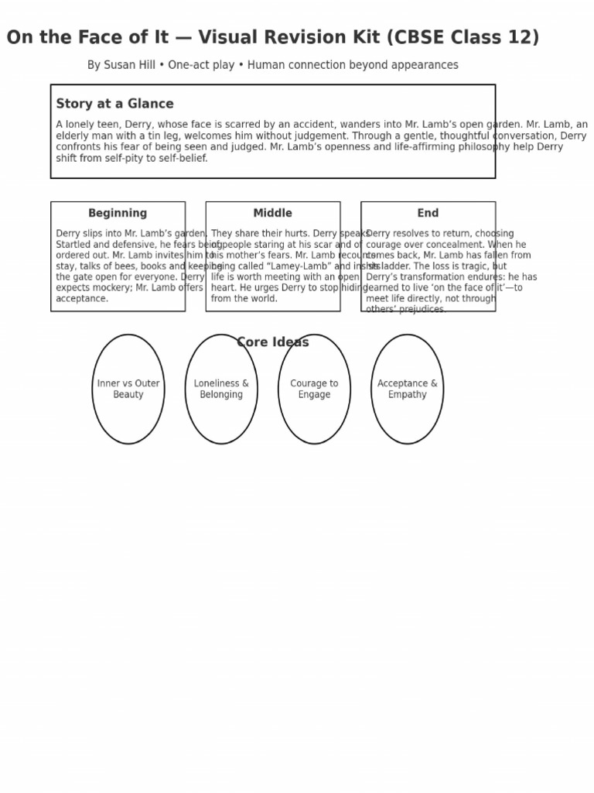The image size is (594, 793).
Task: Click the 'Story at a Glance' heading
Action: [x=114, y=104]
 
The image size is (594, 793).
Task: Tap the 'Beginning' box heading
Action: [x=118, y=213]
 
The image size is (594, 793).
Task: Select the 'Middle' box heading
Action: [x=273, y=213]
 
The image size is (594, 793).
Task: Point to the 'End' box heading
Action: [x=428, y=213]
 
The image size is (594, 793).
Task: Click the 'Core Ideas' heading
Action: [x=273, y=342]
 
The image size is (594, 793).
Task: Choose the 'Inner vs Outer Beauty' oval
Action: [x=128, y=389]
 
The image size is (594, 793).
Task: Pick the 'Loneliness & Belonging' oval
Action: [x=221, y=389]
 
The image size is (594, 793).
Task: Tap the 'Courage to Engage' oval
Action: [x=314, y=389]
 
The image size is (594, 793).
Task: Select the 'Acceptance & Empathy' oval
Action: [x=407, y=389]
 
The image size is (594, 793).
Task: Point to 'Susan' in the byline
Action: [x=121, y=65]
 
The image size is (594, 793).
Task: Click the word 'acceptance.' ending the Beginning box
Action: [x=82, y=299]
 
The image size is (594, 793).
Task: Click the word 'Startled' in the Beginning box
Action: [x=75, y=245]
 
